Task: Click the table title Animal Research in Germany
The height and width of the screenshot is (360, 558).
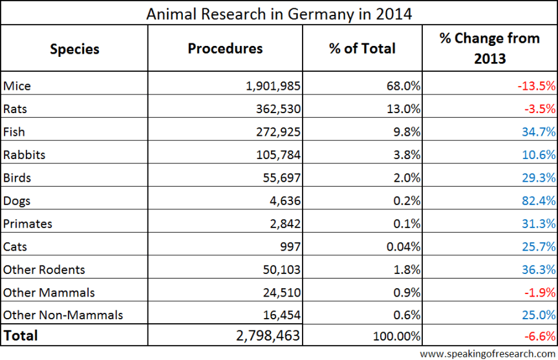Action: [279, 14]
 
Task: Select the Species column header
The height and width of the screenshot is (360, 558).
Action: [74, 49]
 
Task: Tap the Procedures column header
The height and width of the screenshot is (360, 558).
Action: [225, 49]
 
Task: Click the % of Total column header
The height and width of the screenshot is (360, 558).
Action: [362, 49]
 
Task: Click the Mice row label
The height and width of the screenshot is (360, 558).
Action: [17, 85]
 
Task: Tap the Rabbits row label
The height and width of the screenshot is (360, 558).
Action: [25, 154]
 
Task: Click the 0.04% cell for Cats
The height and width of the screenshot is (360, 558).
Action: [404, 247]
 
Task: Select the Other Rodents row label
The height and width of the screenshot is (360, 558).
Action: [44, 270]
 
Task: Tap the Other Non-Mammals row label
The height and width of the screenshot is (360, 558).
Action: [63, 315]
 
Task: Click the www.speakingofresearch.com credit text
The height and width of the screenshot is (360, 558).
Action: [487, 354]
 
